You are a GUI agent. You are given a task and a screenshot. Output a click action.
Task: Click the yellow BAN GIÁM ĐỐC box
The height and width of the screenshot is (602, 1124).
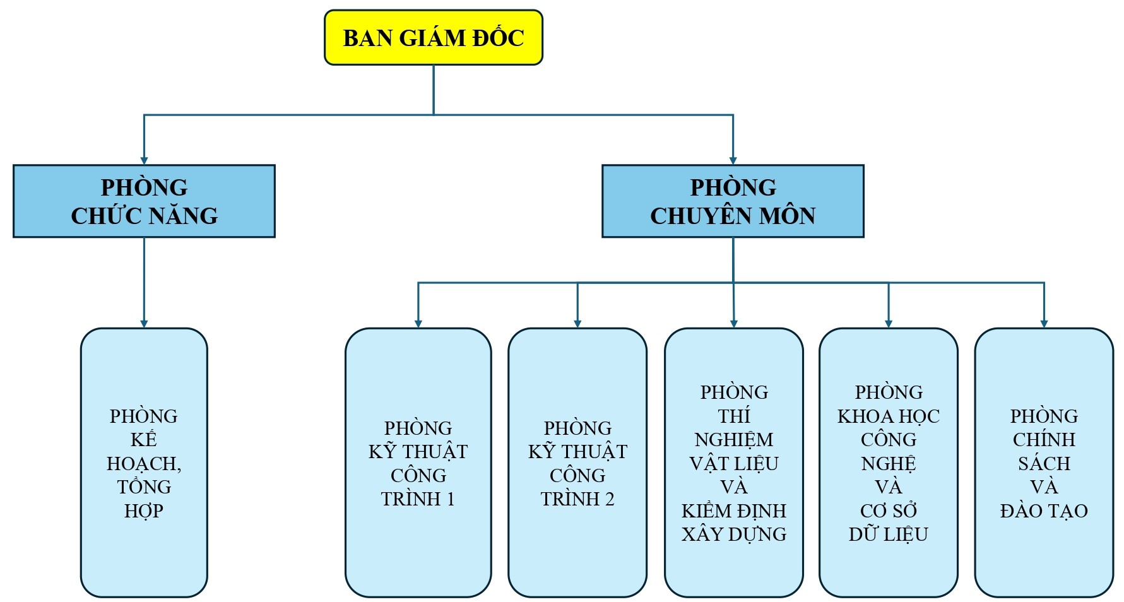point(433,37)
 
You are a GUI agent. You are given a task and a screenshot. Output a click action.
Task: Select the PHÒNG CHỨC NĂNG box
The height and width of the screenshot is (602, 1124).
point(144,201)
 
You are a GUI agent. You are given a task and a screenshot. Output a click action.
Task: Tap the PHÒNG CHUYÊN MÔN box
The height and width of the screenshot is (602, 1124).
point(733,201)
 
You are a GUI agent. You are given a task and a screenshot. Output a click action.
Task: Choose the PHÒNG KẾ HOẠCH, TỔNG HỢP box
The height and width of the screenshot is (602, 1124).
point(144,463)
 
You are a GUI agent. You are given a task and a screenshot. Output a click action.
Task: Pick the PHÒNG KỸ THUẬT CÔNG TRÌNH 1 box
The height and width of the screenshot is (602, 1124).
point(418,463)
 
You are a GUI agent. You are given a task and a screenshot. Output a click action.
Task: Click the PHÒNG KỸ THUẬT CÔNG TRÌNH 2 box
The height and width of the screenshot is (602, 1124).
point(577,463)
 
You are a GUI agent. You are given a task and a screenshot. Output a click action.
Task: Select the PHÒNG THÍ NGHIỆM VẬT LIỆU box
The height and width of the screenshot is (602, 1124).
point(733,463)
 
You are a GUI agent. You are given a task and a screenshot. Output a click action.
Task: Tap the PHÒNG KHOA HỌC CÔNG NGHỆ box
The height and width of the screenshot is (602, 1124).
point(888,463)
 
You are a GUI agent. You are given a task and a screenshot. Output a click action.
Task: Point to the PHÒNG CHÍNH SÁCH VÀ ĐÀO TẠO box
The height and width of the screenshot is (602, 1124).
point(1044,463)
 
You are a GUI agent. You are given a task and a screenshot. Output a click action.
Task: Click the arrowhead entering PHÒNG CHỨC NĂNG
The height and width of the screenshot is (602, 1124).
point(144,161)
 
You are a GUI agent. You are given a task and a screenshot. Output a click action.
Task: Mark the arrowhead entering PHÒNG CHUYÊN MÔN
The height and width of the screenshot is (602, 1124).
point(733,161)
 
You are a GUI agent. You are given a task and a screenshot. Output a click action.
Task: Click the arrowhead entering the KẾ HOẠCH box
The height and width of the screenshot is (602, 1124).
point(144,324)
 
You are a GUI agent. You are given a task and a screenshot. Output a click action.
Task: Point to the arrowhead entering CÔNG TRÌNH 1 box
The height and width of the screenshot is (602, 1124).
point(418,324)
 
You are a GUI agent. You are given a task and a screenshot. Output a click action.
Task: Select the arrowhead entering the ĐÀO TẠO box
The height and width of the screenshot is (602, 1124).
point(1044,324)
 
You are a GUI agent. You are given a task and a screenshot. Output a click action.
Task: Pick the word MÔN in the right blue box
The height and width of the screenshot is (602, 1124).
point(787,216)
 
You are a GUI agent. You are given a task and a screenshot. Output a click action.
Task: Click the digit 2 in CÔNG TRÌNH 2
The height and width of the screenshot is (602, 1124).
point(609,499)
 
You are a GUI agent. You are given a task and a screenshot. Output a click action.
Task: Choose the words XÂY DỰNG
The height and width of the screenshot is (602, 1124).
point(733,534)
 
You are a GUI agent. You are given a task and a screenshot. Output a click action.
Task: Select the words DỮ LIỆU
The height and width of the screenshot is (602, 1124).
point(888,534)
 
